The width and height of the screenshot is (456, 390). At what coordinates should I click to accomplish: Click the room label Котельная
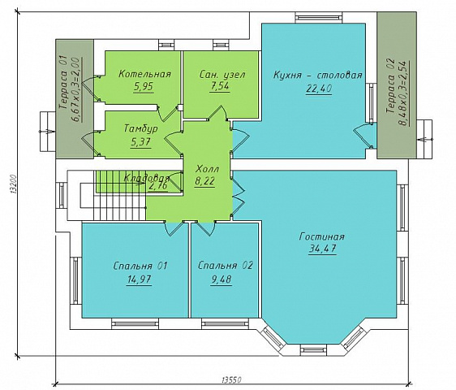pos(144,74)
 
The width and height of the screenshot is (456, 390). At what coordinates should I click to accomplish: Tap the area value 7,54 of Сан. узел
pos(220,86)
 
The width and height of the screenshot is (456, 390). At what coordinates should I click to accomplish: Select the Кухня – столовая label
pos(317,75)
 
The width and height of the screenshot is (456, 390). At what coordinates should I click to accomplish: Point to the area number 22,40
pos(318,89)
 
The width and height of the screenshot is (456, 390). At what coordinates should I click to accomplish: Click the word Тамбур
pos(141,128)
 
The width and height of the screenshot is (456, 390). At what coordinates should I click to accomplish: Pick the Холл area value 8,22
pos(204,181)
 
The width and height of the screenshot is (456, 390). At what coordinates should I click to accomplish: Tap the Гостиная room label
pos(321,236)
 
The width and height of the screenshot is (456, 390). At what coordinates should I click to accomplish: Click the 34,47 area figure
pos(322,249)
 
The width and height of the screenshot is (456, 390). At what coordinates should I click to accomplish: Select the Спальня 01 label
pos(140,266)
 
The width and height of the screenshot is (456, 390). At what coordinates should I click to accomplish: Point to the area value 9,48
pos(222,279)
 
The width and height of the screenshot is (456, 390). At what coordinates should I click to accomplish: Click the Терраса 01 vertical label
pos(63,82)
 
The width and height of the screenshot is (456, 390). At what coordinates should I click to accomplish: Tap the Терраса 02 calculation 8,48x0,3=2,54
pos(404,93)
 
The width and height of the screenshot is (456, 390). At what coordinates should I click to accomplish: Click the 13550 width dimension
pos(231,379)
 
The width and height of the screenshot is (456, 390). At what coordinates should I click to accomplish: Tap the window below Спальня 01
pos(135,324)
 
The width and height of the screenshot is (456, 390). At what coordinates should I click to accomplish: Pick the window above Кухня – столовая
pos(319,18)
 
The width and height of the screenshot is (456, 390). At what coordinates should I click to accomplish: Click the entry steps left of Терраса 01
pos(48,132)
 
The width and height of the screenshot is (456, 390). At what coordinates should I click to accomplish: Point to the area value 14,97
pos(139,279)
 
